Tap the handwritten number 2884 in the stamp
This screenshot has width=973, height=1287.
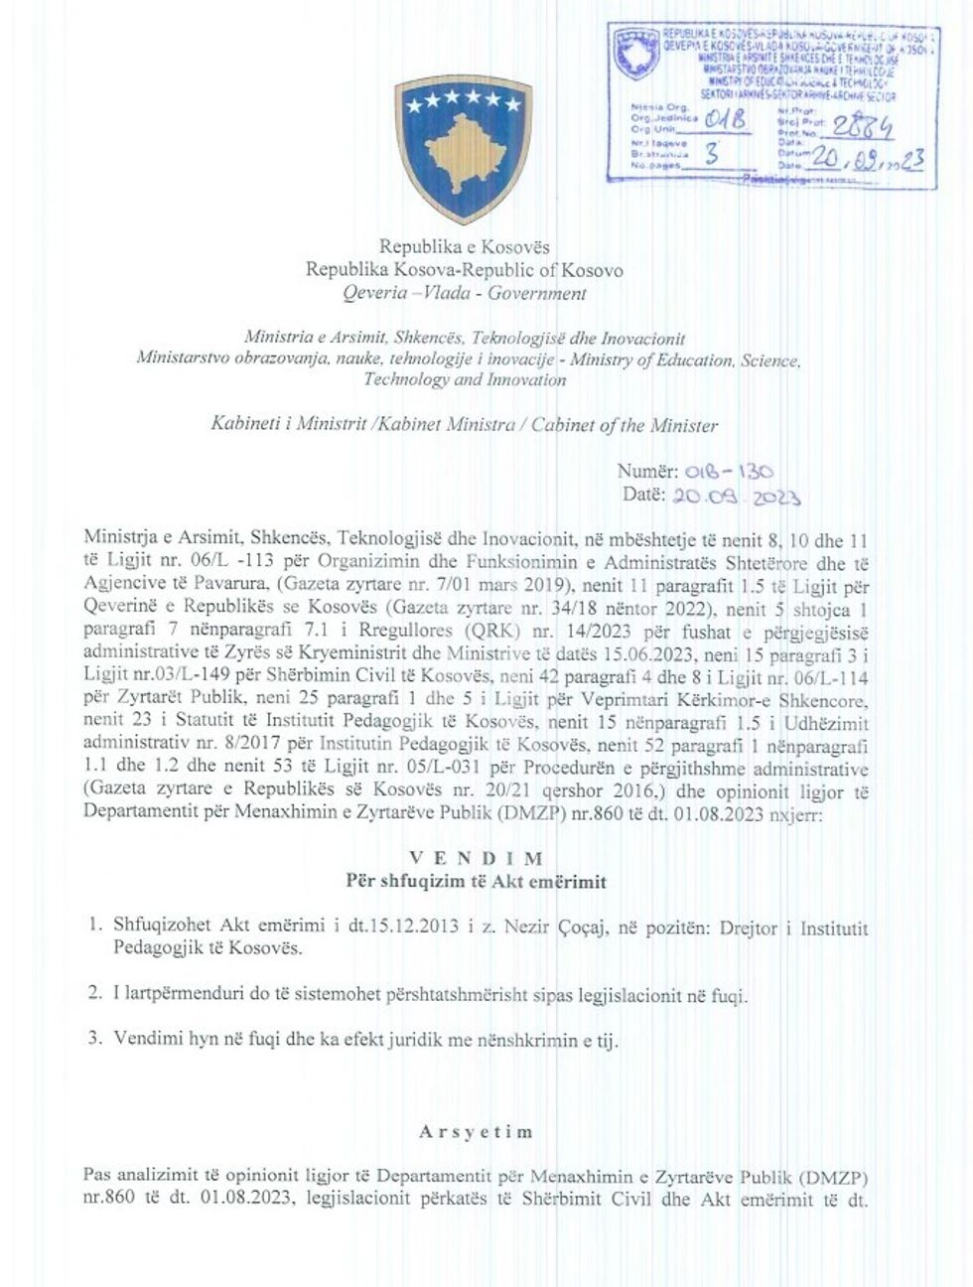(863, 126)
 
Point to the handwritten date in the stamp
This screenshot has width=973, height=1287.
(867, 159)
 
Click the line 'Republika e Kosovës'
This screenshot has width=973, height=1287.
(464, 246)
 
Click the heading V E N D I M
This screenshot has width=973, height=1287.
(477, 858)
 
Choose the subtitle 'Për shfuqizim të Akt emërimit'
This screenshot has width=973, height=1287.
(476, 881)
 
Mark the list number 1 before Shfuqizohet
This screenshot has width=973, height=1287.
(94, 928)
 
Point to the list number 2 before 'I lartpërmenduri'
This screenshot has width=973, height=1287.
(94, 993)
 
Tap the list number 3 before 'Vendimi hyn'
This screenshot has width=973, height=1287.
(94, 1039)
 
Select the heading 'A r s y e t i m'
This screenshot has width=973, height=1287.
(476, 1131)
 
